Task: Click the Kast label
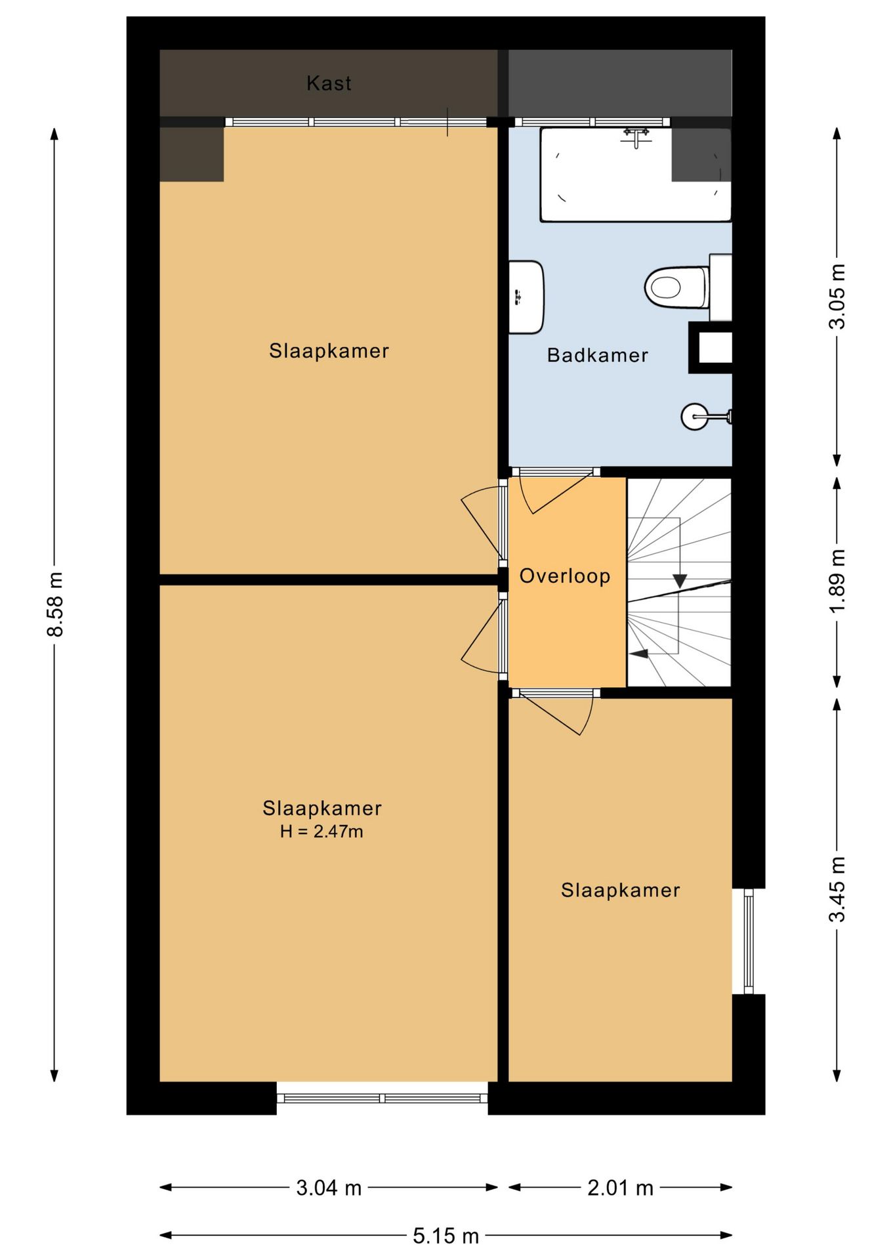click(x=329, y=83)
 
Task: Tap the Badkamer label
click(x=597, y=355)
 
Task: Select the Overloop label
click(x=564, y=576)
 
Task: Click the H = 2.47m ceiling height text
click(x=321, y=831)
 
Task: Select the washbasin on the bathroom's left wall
click(x=526, y=297)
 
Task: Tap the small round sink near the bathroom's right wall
click(x=695, y=416)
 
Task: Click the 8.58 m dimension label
click(x=55, y=604)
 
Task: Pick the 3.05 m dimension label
click(x=837, y=296)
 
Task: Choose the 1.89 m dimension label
click(x=837, y=580)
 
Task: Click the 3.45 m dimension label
click(x=837, y=889)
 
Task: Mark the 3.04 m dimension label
click(x=329, y=1187)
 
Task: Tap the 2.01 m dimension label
click(x=620, y=1187)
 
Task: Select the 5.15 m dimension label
click(x=445, y=1236)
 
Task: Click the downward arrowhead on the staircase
click(x=680, y=581)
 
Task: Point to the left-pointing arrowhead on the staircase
click(x=638, y=654)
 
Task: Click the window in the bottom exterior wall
click(x=383, y=1099)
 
